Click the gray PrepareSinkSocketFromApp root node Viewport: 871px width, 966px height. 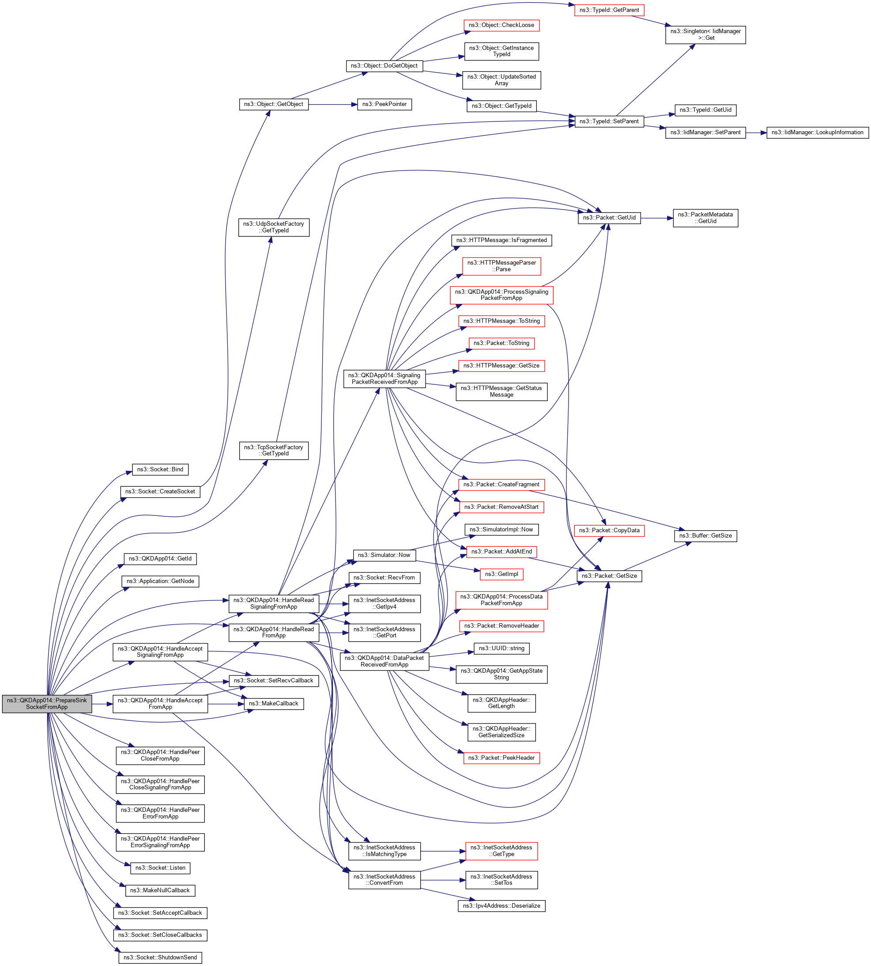pyautogui.click(x=47, y=704)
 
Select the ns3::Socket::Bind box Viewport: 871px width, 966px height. pyautogui.click(x=160, y=470)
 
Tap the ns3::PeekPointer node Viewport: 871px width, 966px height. pyautogui.click(x=385, y=104)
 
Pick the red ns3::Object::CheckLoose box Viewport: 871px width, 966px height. pyautogui.click(x=501, y=25)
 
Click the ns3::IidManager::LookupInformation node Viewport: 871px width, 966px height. pyautogui.click(x=817, y=132)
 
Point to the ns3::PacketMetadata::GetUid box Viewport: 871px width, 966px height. pyautogui.click(x=705, y=218)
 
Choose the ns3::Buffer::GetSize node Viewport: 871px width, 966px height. pyautogui.click(x=705, y=535)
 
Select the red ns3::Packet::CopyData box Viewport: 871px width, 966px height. pyautogui.click(x=609, y=530)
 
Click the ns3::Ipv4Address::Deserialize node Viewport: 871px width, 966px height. pyautogui.click(x=501, y=905)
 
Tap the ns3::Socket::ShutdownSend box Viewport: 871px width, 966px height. pyautogui.click(x=160, y=957)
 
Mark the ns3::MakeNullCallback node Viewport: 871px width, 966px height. pyautogui.click(x=160, y=890)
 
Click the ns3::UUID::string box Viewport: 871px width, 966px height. pyautogui.click(x=501, y=648)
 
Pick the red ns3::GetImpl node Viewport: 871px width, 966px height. pyautogui.click(x=501, y=574)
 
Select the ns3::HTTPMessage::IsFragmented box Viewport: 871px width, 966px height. pyautogui.click(x=501, y=240)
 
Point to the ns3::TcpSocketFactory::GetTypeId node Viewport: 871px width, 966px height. pyautogui.click(x=273, y=450)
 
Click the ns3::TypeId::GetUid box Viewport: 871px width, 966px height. pyautogui.click(x=705, y=110)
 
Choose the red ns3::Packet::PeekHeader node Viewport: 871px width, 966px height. pyautogui.click(x=501, y=758)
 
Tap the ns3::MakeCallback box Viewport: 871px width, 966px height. pyautogui.click(x=273, y=704)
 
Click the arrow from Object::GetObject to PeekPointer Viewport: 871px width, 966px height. pyautogui.click(x=332, y=104)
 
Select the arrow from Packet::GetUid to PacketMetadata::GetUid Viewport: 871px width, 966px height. pyautogui.click(x=656, y=218)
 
